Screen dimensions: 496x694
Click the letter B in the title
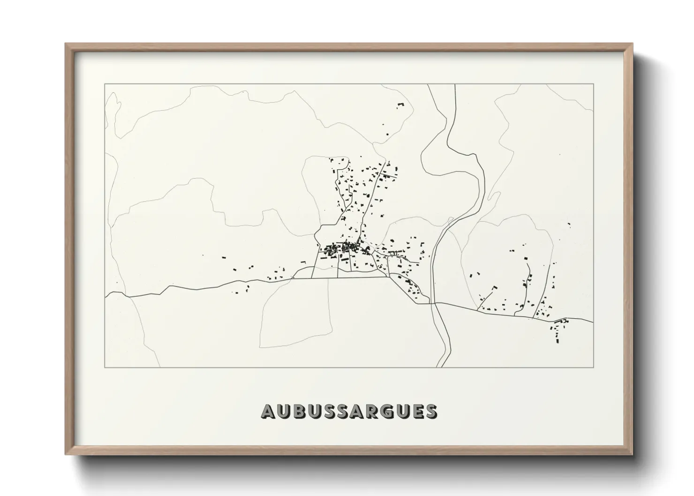[298, 411]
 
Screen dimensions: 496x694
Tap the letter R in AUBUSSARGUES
[371, 411]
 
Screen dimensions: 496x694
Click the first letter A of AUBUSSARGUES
[268, 411]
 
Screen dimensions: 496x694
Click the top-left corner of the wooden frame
[66, 44]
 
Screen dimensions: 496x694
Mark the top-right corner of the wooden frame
[633, 44]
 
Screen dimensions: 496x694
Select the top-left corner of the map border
[105, 84]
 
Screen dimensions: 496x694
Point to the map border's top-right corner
[594, 84]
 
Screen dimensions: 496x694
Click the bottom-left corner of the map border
[105, 367]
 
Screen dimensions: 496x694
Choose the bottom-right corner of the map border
[594, 367]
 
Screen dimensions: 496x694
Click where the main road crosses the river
[434, 303]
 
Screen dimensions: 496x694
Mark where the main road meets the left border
[106, 295]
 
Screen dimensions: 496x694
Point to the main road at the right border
[593, 323]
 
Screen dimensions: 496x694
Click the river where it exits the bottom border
[441, 367]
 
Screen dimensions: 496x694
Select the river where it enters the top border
[455, 85]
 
